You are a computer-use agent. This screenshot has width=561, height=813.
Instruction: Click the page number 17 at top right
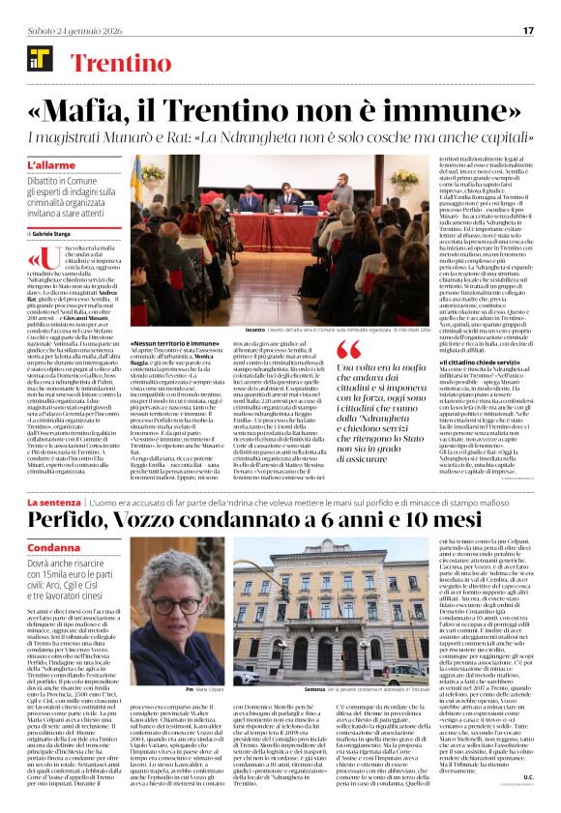pos(528,31)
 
